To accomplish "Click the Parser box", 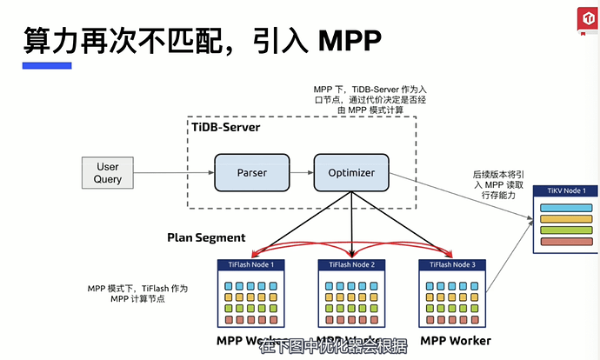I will tap(252, 173).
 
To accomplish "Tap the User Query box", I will tap(108, 173).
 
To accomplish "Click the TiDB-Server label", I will tap(225, 127).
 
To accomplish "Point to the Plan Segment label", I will tap(206, 237).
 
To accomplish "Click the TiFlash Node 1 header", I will tap(251, 264).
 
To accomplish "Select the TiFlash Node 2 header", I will tap(351, 264).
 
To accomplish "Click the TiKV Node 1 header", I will tap(566, 190).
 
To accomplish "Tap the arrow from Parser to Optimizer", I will tap(302, 173).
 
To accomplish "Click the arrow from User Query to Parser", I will tap(175, 173).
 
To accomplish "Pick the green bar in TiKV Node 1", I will tap(566, 219).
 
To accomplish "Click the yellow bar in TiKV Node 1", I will tap(566, 230).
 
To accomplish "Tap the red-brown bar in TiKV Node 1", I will tap(566, 240).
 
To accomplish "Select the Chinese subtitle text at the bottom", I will tap(333, 346).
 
